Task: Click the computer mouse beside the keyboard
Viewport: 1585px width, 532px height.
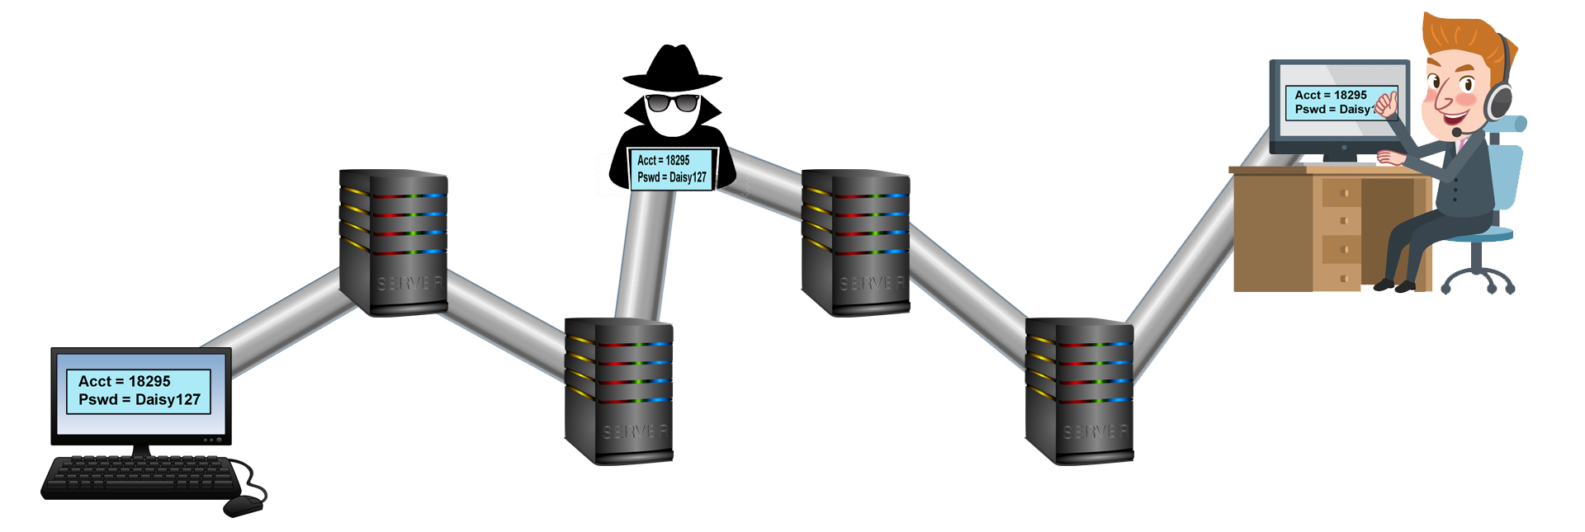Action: point(243,506)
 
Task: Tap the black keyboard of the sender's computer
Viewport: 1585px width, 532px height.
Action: point(140,477)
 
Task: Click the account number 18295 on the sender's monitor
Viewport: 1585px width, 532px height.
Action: point(149,381)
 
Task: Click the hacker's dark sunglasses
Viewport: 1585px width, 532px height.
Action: point(672,102)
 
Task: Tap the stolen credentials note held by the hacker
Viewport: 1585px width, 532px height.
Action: point(671,169)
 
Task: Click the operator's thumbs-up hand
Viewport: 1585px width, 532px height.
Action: point(1386,104)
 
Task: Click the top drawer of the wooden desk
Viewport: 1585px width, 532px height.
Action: point(1341,193)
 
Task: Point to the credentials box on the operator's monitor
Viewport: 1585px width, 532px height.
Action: point(1332,102)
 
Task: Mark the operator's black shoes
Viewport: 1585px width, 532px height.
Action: point(1393,286)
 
